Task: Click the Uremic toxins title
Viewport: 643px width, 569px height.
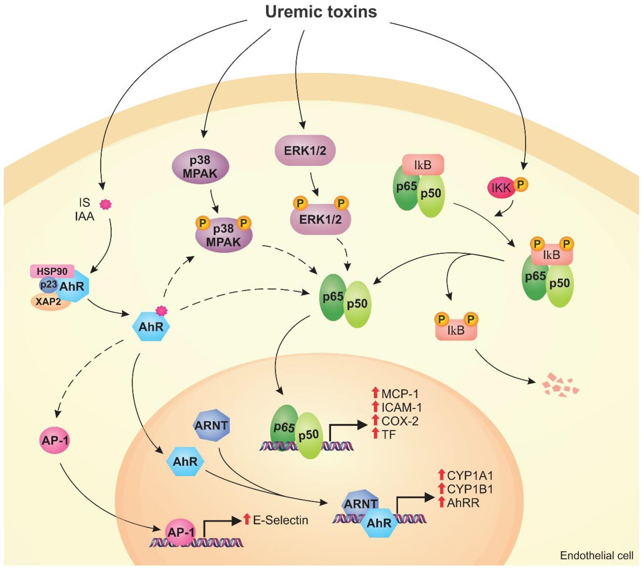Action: [x=321, y=12]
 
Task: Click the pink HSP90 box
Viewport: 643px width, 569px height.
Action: [x=52, y=271]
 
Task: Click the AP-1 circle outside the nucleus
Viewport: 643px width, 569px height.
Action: [x=55, y=440]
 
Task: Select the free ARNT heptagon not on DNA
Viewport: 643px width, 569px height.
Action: [x=211, y=425]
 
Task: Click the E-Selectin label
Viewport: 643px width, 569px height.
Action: [x=280, y=520]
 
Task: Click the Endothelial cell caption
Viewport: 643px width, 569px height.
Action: [x=596, y=556]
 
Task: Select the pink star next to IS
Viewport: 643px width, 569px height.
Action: [x=105, y=205]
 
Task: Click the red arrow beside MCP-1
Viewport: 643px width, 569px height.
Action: [x=375, y=393]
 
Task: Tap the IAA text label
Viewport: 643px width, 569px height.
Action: [x=84, y=216]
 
